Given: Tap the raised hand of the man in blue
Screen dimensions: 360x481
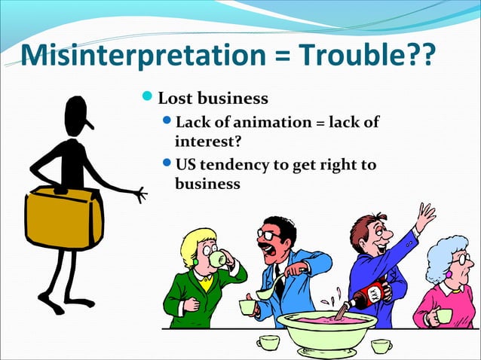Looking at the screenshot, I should pyautogui.click(x=425, y=216).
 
